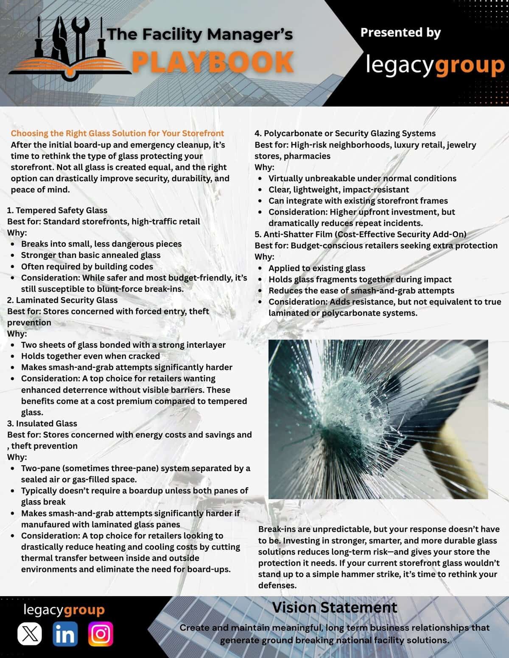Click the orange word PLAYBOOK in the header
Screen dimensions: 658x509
click(x=212, y=61)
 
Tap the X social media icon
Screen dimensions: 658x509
click(x=29, y=634)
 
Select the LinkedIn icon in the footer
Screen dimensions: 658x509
click(x=65, y=634)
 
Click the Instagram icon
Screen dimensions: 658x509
click(x=101, y=634)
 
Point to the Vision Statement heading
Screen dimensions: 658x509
click(x=334, y=608)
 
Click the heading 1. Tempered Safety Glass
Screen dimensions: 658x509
click(x=57, y=210)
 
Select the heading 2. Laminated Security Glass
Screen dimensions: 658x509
click(x=62, y=300)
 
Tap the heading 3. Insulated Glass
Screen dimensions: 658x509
click(x=42, y=423)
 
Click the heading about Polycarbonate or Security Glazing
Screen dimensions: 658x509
click(x=345, y=133)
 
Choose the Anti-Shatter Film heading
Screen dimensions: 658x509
click(x=360, y=234)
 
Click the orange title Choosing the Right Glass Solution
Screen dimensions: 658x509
click(x=117, y=133)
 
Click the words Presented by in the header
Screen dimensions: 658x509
click(x=400, y=33)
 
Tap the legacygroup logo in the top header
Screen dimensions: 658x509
click(x=435, y=65)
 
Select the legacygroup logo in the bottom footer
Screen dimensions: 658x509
click(x=64, y=610)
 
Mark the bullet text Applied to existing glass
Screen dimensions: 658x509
click(x=316, y=268)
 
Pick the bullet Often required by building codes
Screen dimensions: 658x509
click(x=87, y=267)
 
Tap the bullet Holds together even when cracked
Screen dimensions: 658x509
click(x=90, y=356)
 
